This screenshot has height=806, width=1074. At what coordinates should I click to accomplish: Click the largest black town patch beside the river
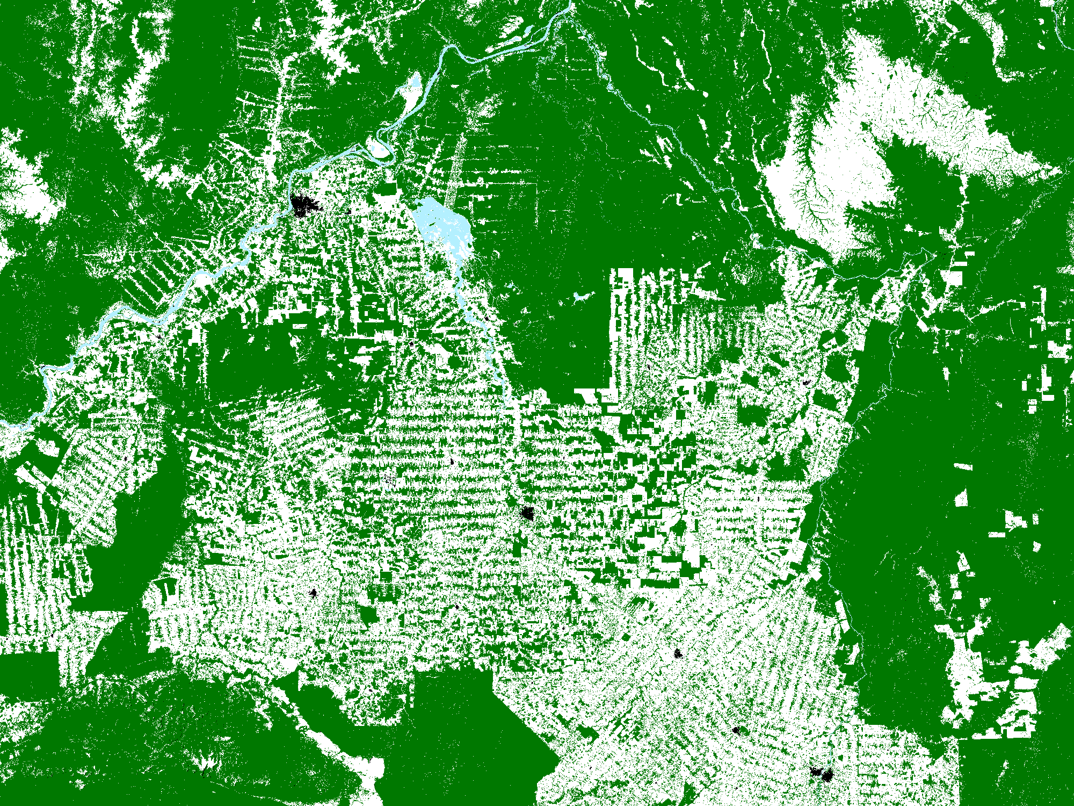(304, 205)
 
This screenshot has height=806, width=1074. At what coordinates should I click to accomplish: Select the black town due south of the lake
(528, 514)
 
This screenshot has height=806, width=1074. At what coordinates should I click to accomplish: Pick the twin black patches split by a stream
(822, 774)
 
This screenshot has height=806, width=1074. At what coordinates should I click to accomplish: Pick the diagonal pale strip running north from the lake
(456, 161)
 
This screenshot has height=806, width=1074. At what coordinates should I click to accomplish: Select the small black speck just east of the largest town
(349, 211)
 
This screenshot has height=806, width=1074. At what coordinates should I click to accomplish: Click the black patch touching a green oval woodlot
(313, 593)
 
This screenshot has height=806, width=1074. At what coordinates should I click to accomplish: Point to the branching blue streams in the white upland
(811, 199)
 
